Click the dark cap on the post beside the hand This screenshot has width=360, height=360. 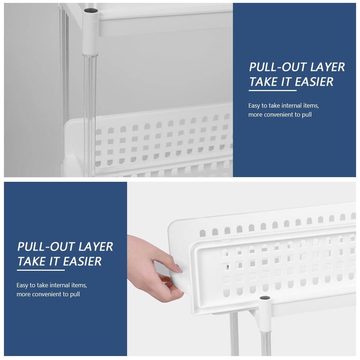pos(265,298)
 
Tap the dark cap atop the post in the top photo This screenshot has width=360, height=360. pos(91,10)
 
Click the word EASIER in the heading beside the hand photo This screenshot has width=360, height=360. pos(82,261)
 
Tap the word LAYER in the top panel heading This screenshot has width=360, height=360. pos(327,67)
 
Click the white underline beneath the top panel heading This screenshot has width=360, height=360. pos(273,90)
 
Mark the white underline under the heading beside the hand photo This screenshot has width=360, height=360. pos(41,270)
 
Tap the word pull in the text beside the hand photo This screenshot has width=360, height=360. pos(75,294)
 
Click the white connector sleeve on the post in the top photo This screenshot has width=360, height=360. pos(90,32)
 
